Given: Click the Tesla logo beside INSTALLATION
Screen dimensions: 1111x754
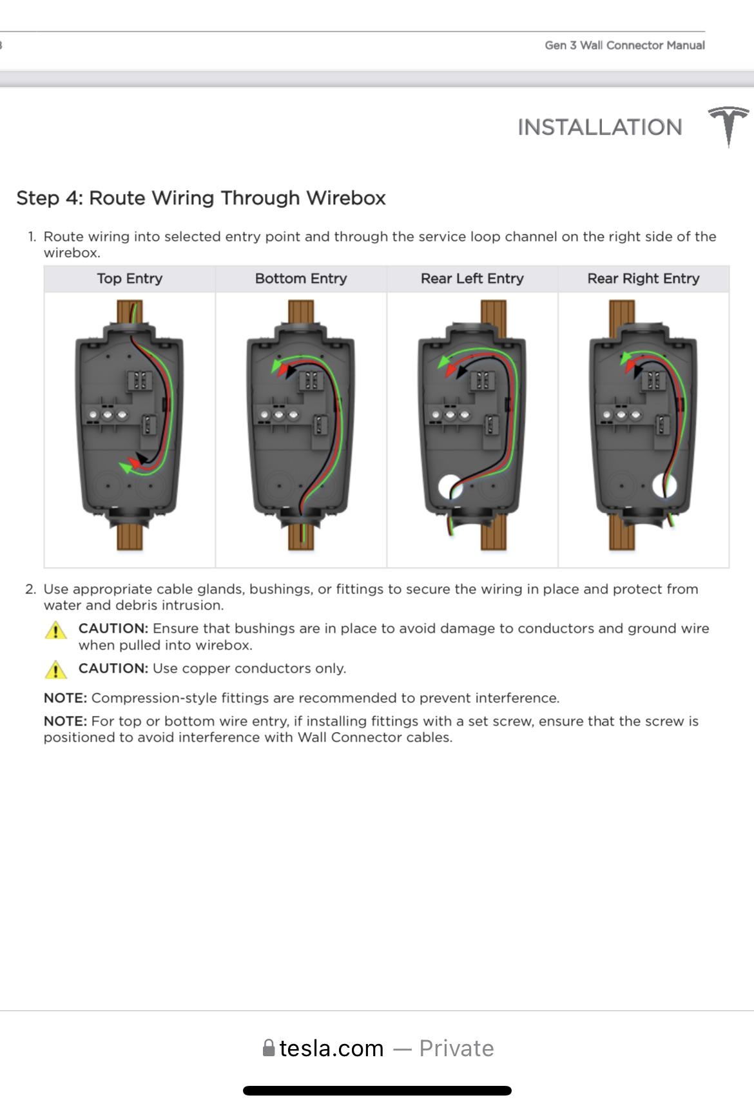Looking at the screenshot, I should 728,126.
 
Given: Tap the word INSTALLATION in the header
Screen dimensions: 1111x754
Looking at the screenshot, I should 599,128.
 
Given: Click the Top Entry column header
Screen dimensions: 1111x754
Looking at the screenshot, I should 130,278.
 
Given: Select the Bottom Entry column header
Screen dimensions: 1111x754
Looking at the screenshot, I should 301,278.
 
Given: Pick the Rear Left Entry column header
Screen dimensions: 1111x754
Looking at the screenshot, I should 472,278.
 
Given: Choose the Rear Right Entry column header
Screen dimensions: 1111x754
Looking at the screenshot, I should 643,278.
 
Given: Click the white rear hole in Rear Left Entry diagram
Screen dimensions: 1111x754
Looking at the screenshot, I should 449,487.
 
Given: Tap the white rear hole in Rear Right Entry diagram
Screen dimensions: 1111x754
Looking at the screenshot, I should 664,485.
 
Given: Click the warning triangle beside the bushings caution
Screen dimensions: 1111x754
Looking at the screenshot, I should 56,630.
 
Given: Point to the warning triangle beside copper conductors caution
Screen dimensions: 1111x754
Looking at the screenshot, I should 56,670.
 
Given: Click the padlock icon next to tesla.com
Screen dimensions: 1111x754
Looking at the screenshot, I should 269,1048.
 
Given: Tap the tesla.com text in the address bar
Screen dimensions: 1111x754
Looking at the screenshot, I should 331,1048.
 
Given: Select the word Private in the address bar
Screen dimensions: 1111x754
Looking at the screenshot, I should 456,1048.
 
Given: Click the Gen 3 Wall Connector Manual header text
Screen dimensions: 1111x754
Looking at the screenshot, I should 624,45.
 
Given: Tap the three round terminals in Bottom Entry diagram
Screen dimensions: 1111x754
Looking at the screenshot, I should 278,414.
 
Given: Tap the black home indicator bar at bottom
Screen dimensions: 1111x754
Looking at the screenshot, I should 377,1090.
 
